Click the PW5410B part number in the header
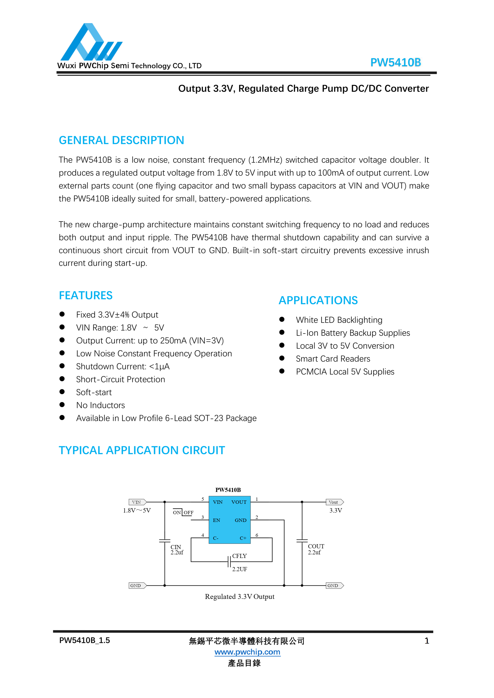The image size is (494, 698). [x=395, y=62]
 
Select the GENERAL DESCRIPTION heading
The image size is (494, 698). [x=121, y=140]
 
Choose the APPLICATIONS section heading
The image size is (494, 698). [x=318, y=300]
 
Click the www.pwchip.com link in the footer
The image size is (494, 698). [x=247, y=652]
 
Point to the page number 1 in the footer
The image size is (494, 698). [x=427, y=641]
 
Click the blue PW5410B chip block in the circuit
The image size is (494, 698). [x=229, y=520]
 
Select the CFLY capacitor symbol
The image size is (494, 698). [x=229, y=562]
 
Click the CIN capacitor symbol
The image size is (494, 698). [x=165, y=541]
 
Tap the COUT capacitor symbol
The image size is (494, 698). [x=302, y=541]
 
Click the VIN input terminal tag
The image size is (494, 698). [x=137, y=502]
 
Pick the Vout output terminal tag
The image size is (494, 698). [x=334, y=502]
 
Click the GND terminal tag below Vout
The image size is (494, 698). [x=334, y=585]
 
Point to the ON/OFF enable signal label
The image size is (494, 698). [x=183, y=513]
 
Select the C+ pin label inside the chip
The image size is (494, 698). [x=243, y=538]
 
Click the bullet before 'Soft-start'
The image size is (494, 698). [x=62, y=392]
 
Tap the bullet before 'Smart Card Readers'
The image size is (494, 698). [x=282, y=358]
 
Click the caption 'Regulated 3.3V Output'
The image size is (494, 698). [x=239, y=596]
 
